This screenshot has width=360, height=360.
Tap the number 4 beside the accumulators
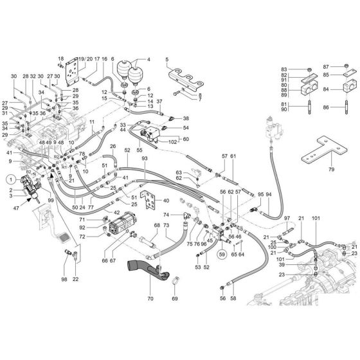coord(149,60)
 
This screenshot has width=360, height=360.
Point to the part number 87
coord(326,67)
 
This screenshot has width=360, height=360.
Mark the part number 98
coord(64,279)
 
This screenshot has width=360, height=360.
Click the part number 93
coord(145,158)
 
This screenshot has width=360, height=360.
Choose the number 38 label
coord(186,119)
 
